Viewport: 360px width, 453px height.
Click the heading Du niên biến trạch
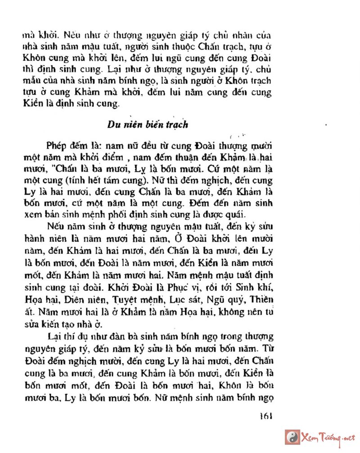coord(147,125)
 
